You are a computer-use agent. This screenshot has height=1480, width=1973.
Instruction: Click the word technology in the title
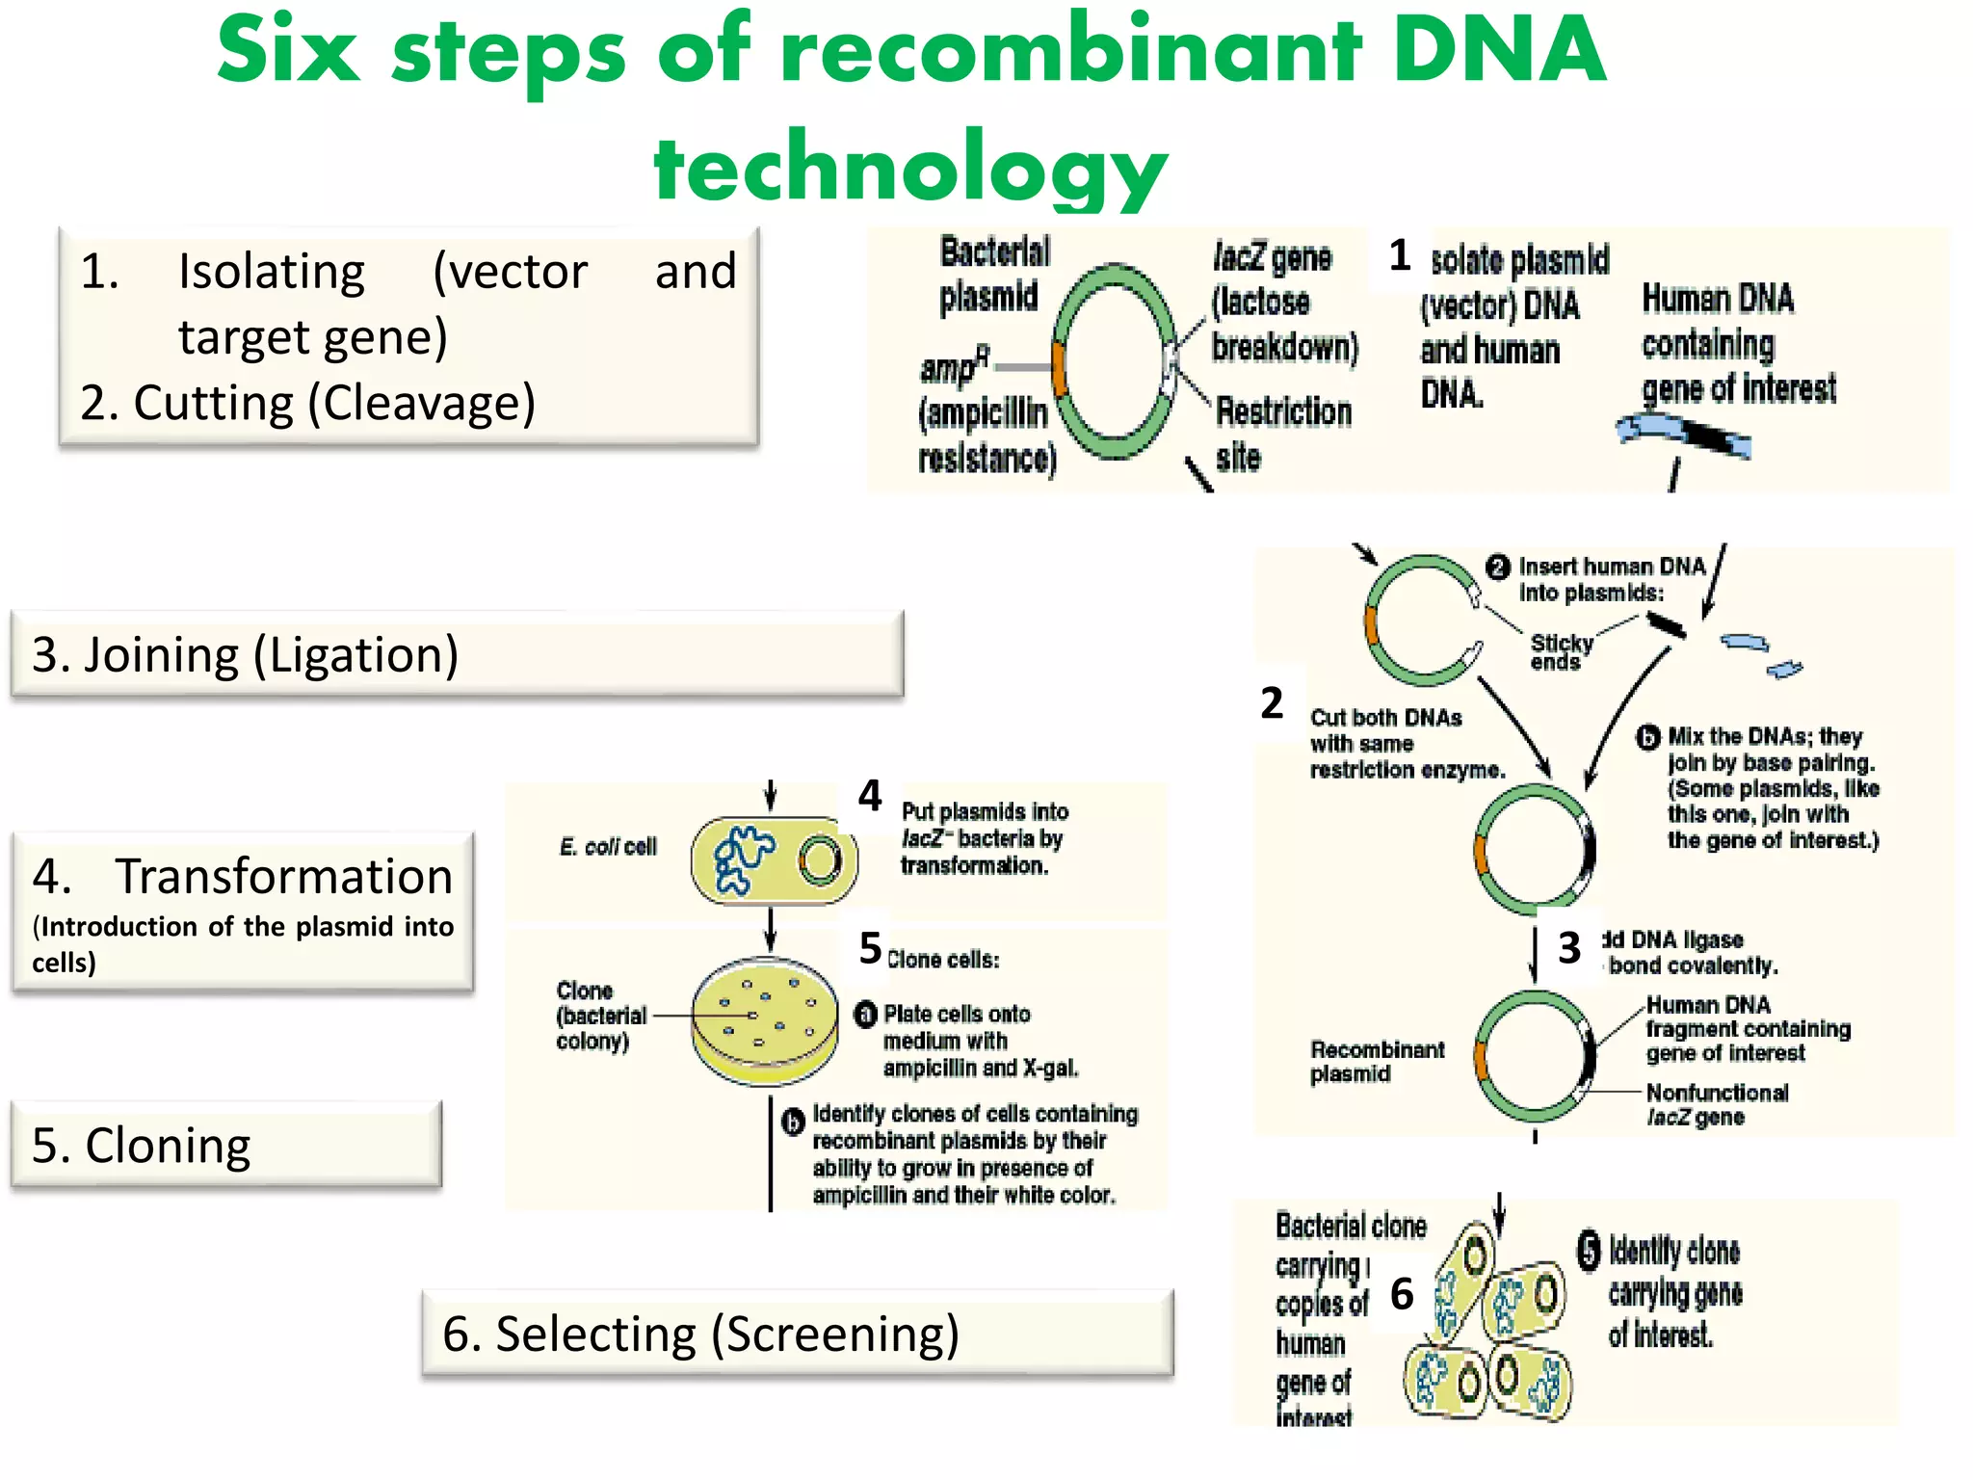tap(909, 168)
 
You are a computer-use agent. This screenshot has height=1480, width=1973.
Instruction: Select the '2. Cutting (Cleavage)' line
tap(307, 403)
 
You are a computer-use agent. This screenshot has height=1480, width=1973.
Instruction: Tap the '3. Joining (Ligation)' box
tap(457, 654)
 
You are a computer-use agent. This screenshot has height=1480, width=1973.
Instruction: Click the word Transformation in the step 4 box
tap(283, 876)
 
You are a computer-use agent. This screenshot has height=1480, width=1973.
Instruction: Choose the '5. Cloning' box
tap(225, 1145)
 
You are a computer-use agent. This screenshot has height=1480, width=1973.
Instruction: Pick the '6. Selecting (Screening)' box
tap(797, 1334)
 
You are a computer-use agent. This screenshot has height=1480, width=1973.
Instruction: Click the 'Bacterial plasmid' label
tap(992, 274)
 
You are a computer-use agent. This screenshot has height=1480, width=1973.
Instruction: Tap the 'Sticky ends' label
tap(1561, 651)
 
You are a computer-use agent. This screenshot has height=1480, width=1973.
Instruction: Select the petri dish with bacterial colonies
tap(766, 1021)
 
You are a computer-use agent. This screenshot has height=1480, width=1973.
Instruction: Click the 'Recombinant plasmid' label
tap(1376, 1061)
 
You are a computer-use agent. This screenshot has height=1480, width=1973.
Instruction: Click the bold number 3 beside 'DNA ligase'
tap(1568, 948)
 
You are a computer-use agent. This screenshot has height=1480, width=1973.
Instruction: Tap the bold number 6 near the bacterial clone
tap(1401, 1294)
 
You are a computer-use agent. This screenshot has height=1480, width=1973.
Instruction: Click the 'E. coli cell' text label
tap(607, 847)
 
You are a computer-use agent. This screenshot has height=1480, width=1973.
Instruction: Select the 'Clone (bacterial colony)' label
tap(599, 1016)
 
